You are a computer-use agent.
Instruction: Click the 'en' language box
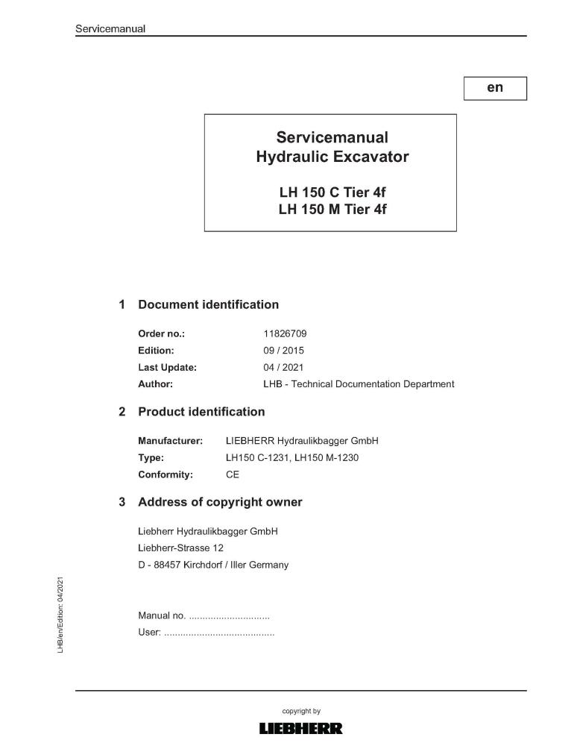[495, 88]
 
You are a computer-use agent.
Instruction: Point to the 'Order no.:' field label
[161, 333]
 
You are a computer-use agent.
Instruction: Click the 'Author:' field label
[155, 384]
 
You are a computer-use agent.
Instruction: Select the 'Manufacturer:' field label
[170, 441]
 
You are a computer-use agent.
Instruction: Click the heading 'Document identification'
[208, 304]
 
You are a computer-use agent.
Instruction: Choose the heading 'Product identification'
[201, 412]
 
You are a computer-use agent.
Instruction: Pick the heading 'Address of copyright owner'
[220, 502]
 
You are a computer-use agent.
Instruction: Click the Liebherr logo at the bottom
[300, 729]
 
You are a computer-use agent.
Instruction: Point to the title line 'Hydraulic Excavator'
[332, 157]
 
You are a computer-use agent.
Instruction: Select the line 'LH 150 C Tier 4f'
[332, 192]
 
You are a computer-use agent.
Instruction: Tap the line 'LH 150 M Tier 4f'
[332, 210]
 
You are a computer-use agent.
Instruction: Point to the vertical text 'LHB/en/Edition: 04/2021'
[61, 615]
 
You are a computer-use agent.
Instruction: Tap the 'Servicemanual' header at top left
[110, 29]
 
